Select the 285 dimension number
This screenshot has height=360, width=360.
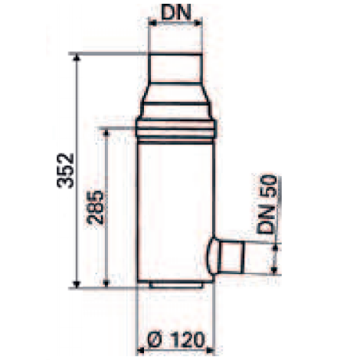[x=95, y=207]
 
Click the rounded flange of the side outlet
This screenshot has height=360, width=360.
[x=212, y=257]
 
